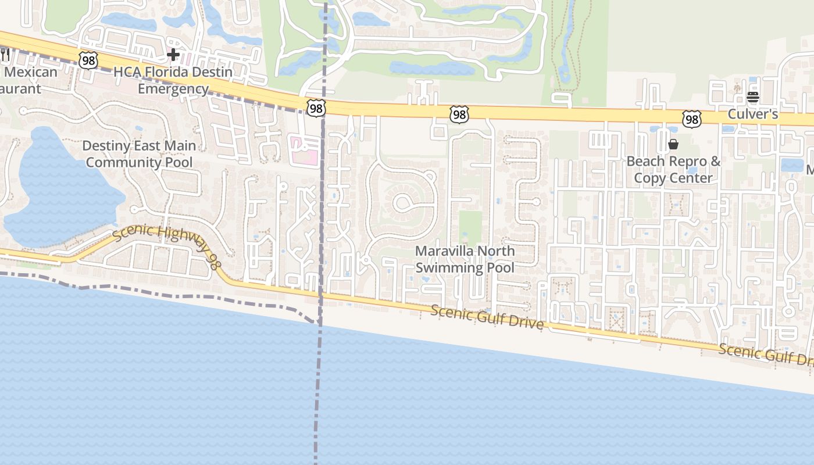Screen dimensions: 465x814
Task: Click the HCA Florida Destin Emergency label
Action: (x=173, y=81)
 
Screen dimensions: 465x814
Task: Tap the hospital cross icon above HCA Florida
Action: (x=173, y=55)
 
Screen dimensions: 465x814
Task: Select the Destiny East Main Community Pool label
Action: (x=139, y=154)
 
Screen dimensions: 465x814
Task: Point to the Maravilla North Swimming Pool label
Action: (x=465, y=259)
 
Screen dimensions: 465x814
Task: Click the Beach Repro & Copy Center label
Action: (x=673, y=170)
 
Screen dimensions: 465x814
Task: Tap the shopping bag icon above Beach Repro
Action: (x=673, y=144)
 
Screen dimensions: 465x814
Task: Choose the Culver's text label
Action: (x=752, y=114)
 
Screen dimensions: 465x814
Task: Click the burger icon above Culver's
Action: (x=753, y=97)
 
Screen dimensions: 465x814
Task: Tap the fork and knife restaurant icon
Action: (x=5, y=55)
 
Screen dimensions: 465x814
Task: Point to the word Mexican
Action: (x=31, y=72)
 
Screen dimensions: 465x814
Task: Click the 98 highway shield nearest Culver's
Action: (x=692, y=119)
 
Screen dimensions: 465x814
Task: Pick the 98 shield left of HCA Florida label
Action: (x=88, y=60)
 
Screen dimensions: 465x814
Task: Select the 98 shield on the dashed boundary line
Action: (x=316, y=108)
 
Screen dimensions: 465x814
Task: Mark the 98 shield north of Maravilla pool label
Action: (x=459, y=115)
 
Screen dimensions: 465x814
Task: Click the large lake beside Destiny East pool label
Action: (x=58, y=192)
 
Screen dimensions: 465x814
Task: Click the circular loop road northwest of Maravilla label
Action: (x=402, y=203)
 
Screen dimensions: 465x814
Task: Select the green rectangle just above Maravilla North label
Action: (x=470, y=227)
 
